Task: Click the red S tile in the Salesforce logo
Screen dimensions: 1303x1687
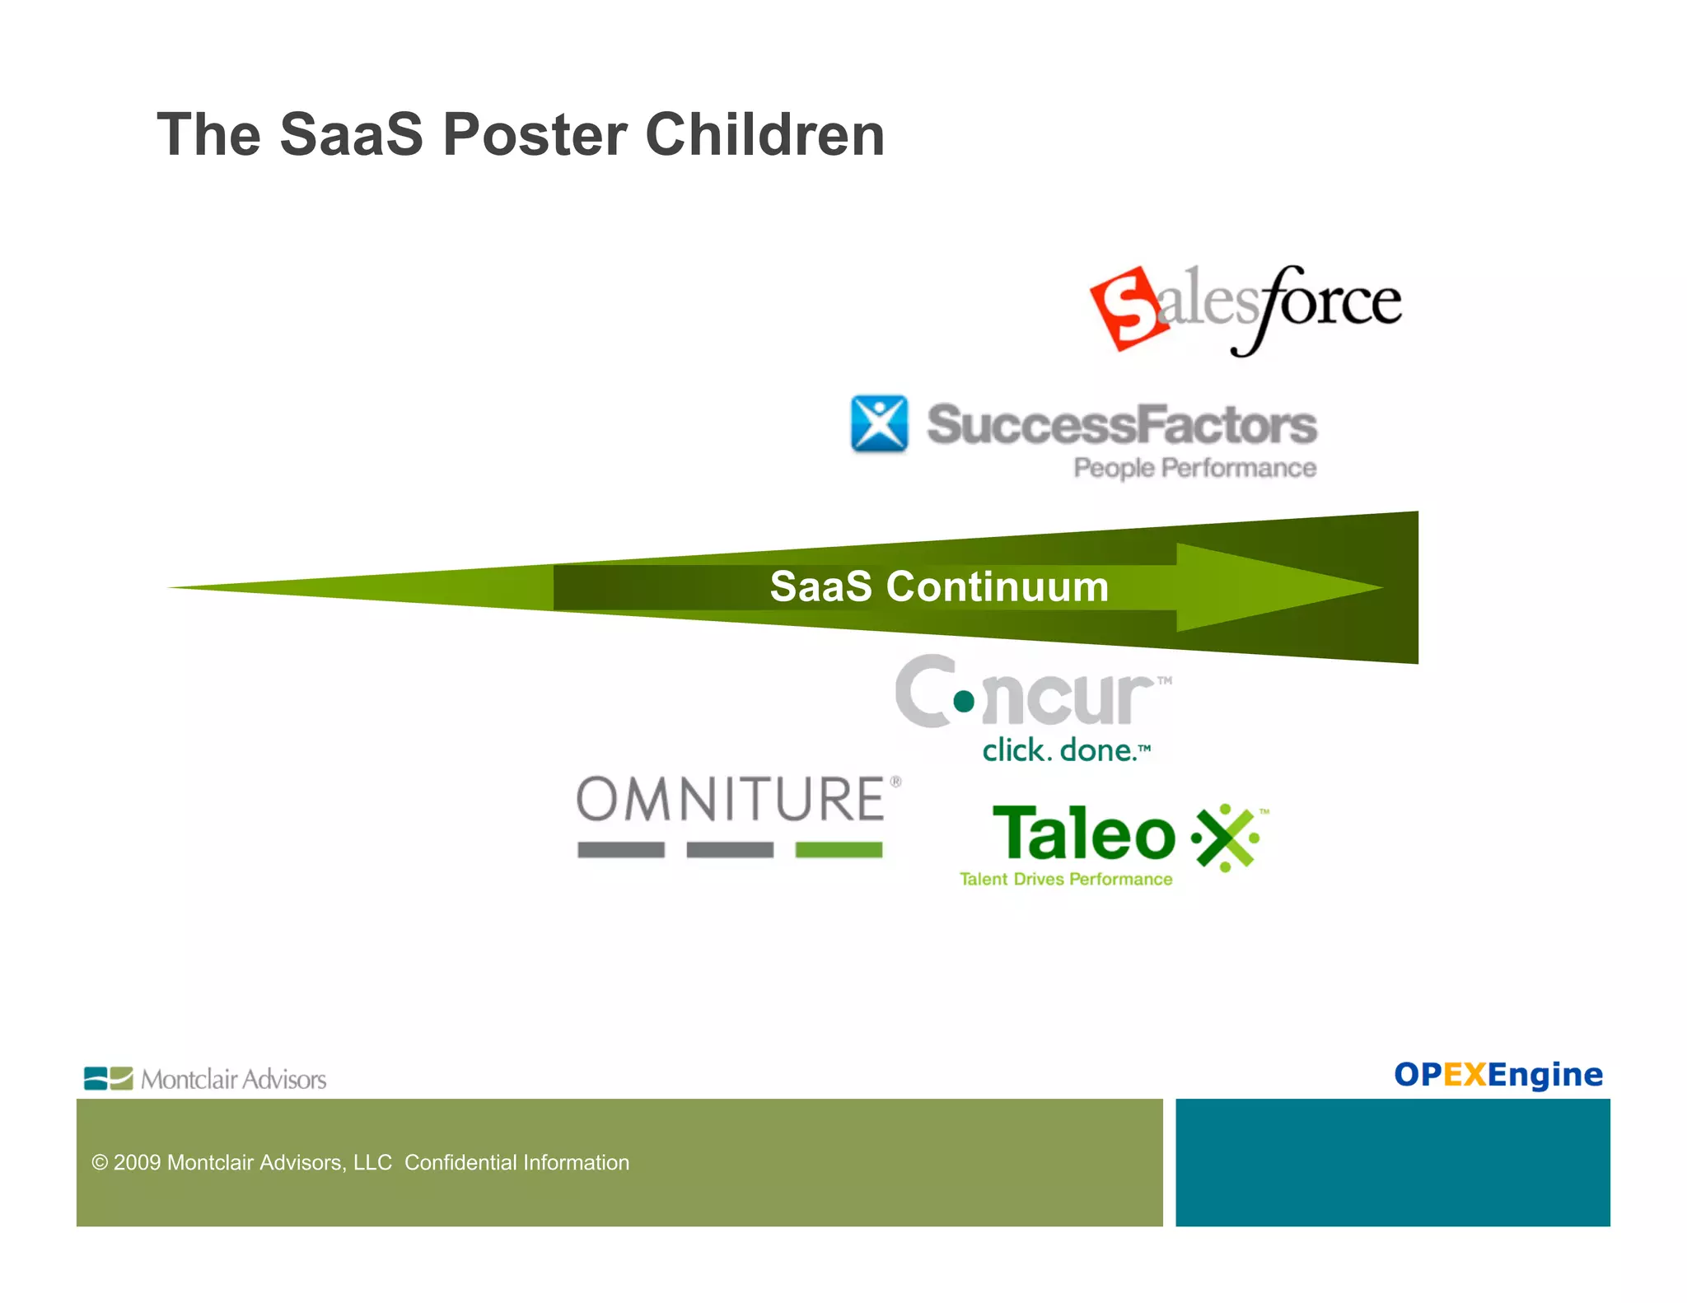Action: (x=1129, y=309)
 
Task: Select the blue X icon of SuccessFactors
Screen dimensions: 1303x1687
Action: (x=879, y=423)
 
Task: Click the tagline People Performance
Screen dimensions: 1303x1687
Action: (x=1194, y=468)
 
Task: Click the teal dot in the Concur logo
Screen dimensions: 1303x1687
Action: (x=964, y=701)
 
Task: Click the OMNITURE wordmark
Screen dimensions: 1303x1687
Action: (x=730, y=799)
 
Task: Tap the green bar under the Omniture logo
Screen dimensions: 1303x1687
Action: (x=839, y=850)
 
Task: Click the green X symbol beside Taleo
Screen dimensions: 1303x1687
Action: (x=1225, y=838)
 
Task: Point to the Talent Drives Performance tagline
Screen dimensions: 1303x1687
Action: (x=1066, y=879)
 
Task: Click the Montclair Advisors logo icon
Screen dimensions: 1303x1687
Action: (x=108, y=1078)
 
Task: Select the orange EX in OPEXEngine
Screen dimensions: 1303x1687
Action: (x=1465, y=1074)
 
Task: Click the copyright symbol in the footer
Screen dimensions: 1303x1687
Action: (x=100, y=1162)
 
